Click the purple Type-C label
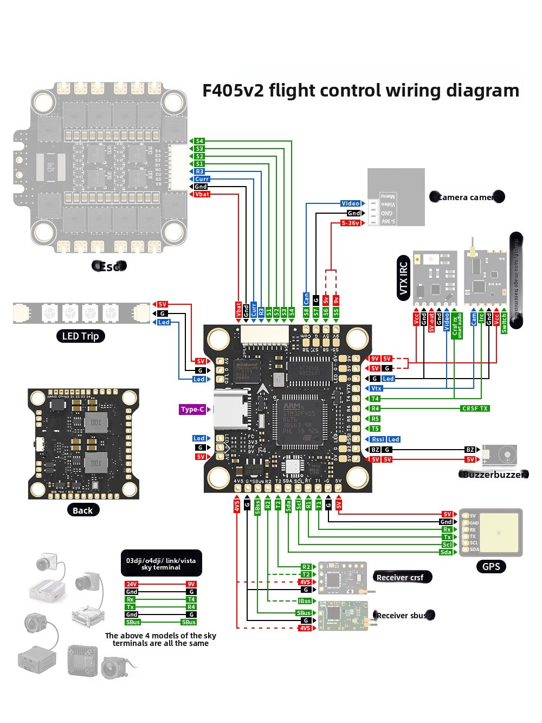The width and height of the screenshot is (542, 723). (x=192, y=410)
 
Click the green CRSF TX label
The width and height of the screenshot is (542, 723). (x=475, y=408)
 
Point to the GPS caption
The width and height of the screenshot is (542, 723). (x=491, y=567)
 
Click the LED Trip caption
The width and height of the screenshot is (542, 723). (x=80, y=336)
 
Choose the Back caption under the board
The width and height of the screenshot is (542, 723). (x=82, y=510)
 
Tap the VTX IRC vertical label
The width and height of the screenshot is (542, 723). (x=403, y=278)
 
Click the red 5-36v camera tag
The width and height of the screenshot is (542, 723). (x=351, y=223)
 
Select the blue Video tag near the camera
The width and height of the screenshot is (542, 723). (x=351, y=203)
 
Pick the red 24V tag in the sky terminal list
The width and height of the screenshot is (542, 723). (x=131, y=584)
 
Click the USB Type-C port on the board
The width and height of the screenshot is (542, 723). (x=227, y=410)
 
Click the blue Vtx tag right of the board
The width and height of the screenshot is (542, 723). (x=376, y=388)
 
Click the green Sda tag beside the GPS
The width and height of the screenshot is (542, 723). (x=446, y=552)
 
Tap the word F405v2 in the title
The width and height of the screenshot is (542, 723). (x=233, y=91)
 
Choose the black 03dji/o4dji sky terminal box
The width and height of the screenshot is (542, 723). (x=161, y=564)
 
